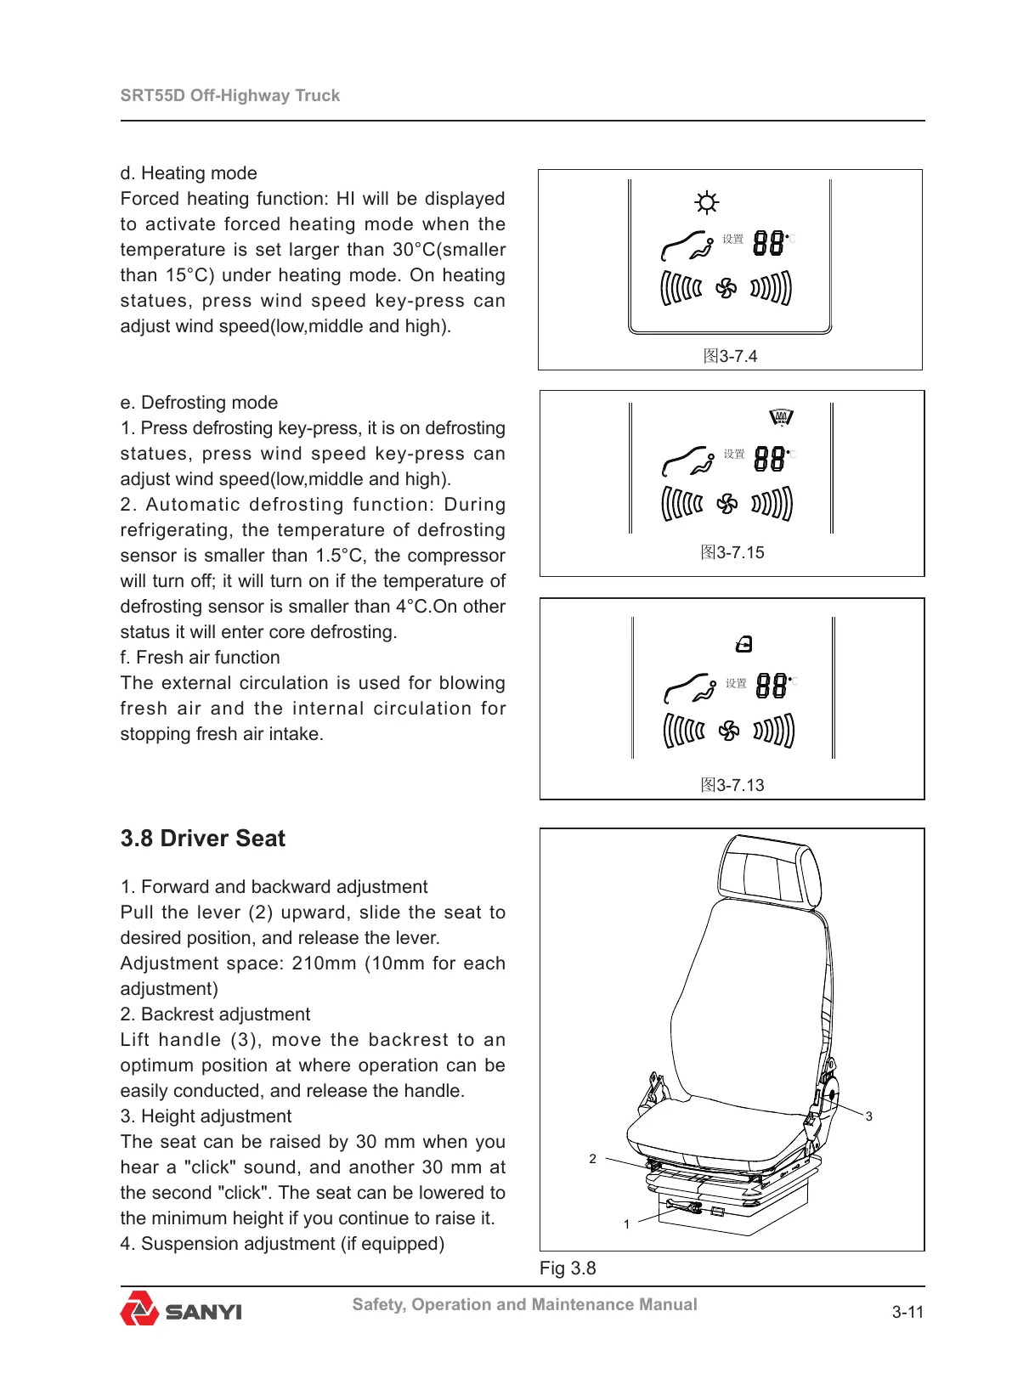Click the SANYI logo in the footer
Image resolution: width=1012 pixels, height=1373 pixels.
click(181, 1309)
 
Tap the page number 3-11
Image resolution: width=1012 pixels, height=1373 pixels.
click(907, 1312)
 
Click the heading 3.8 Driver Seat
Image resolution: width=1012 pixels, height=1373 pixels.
click(202, 839)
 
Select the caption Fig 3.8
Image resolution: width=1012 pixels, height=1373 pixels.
click(568, 1268)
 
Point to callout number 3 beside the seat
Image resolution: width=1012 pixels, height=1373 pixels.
click(868, 1116)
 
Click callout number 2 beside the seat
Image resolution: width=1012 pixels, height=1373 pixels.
click(592, 1159)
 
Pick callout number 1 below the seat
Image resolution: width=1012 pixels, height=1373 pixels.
click(626, 1224)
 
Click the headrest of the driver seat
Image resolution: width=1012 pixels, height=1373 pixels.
click(769, 872)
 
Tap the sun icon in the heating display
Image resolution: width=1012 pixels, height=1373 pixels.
click(706, 202)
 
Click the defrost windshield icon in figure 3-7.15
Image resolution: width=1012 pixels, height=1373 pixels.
click(781, 417)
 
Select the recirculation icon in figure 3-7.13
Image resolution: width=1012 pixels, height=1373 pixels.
click(744, 645)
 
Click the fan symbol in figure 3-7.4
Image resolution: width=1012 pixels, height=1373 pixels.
click(726, 289)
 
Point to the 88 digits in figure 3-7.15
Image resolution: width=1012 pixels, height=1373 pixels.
click(770, 459)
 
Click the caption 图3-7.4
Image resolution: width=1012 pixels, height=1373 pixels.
click(730, 356)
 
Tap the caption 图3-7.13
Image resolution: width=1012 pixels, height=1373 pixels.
click(732, 785)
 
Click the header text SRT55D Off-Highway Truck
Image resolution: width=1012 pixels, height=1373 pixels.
click(229, 95)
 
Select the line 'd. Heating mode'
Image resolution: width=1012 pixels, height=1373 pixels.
click(189, 173)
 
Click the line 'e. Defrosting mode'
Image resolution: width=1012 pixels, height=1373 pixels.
click(199, 403)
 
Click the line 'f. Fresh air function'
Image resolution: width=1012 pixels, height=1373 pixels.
click(200, 658)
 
